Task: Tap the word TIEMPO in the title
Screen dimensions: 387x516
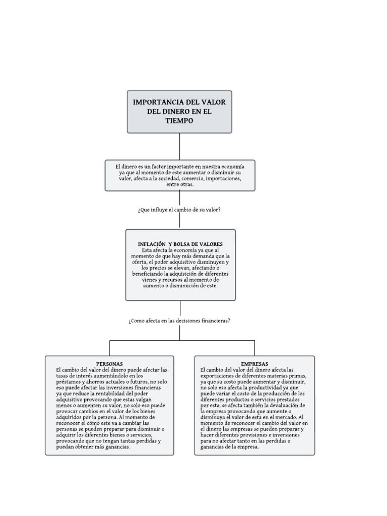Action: coord(179,121)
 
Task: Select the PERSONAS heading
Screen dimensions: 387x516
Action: coord(109,364)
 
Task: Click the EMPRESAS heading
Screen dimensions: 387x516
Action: coord(254,364)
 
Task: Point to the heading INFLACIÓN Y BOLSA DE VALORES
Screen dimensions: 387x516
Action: coord(180,244)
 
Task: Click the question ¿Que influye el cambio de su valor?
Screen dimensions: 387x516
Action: coord(179,210)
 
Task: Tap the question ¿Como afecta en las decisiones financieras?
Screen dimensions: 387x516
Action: coord(179,320)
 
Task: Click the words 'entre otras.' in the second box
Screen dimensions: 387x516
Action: coord(180,184)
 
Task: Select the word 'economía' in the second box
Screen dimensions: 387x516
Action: coord(233,166)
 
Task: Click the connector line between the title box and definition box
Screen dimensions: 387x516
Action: coord(180,147)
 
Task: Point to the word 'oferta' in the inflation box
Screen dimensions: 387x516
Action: coord(139,262)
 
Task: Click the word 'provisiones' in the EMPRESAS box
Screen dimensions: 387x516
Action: coord(259,435)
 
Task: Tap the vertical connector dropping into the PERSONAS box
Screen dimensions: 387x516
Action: coord(109,348)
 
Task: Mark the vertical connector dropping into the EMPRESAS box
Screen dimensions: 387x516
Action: coord(254,348)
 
